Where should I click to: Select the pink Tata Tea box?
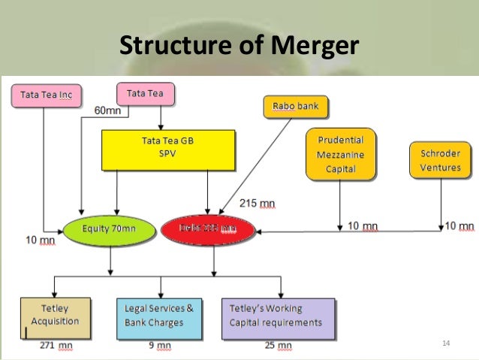tap(146, 94)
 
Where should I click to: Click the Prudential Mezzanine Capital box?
tap(339, 154)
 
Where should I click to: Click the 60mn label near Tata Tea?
tap(107, 112)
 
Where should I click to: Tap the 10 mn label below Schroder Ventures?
tap(458, 225)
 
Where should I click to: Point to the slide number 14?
tap(446, 343)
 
